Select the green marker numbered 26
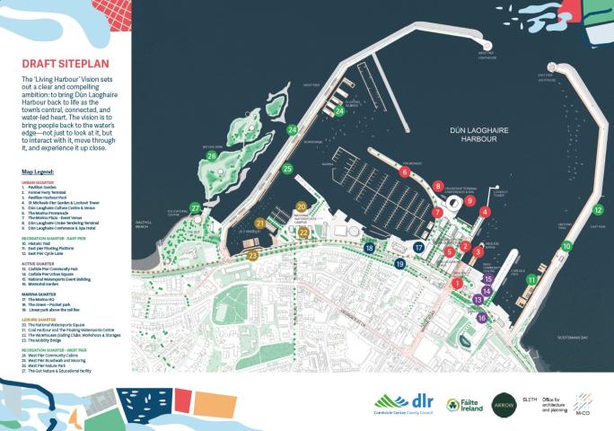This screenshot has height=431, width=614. coord(212,155)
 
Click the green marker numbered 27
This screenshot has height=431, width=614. coord(195,208)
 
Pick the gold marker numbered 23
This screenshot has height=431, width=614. coord(253,256)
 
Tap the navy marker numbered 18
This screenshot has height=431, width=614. coord(368,247)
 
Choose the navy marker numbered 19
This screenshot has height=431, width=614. coord(399,264)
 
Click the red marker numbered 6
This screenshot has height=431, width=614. coord(405,172)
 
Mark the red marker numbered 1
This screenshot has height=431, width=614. coord(457,283)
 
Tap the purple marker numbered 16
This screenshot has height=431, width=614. coord(481,318)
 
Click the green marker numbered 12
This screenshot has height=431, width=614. coord(598,211)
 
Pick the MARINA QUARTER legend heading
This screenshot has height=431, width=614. coord(41,294)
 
